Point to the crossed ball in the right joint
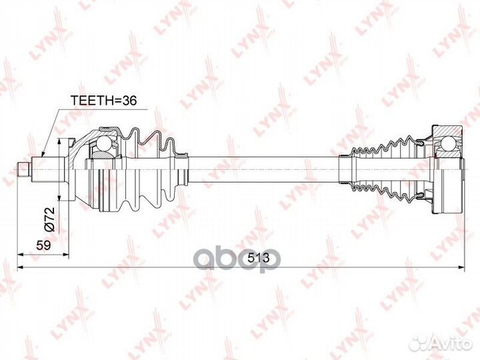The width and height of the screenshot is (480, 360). tap(446, 144)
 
